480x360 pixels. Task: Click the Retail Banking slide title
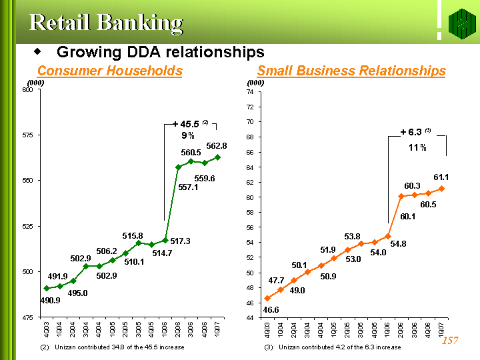click(x=106, y=23)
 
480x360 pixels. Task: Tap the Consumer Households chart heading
click(x=110, y=71)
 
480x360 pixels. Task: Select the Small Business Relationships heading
click(x=351, y=71)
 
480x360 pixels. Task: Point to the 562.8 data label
click(x=217, y=145)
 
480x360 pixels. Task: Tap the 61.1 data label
click(x=442, y=177)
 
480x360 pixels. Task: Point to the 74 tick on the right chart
click(x=250, y=92)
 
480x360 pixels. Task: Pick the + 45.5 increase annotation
click(x=187, y=124)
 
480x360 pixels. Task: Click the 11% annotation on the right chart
click(x=417, y=147)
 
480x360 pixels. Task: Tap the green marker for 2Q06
click(x=178, y=167)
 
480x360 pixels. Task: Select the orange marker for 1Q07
click(x=441, y=189)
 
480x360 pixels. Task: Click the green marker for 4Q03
click(x=47, y=288)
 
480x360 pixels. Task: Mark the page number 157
click(x=450, y=341)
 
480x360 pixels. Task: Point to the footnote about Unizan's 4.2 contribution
click(x=332, y=347)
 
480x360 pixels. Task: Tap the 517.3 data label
click(x=180, y=241)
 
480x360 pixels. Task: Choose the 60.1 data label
click(x=408, y=216)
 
